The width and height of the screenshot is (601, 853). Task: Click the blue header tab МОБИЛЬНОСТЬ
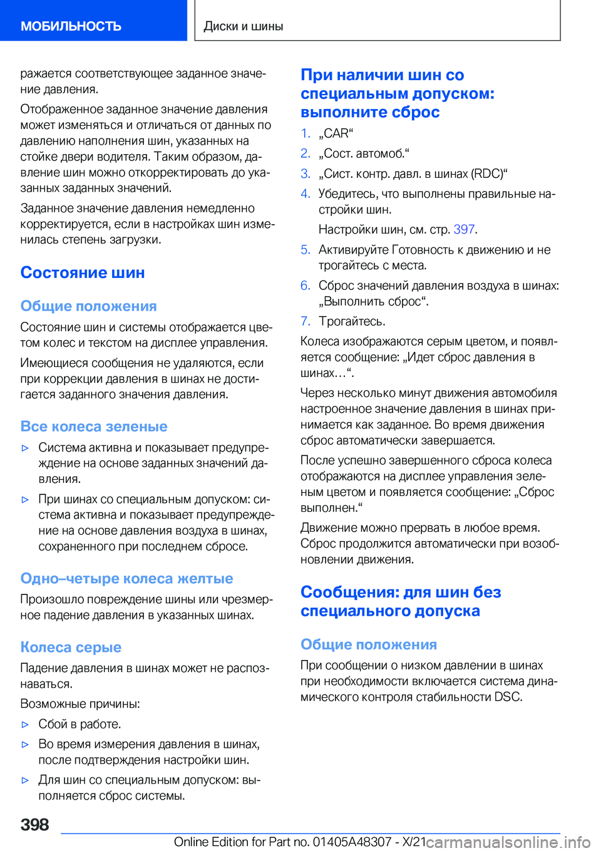[71, 26]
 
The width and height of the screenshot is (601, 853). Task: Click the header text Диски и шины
[244, 26]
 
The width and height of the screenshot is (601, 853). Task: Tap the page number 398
[34, 824]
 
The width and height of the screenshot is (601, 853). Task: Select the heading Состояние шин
[83, 272]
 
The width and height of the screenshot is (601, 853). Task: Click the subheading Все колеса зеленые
[94, 426]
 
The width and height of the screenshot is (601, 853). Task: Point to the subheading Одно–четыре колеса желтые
[126, 578]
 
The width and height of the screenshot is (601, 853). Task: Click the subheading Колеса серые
[71, 647]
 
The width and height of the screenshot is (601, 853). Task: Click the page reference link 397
[464, 229]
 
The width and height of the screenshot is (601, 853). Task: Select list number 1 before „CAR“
[305, 133]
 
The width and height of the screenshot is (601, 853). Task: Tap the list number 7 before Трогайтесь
[305, 321]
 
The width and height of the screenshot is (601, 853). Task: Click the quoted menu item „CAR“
[336, 133]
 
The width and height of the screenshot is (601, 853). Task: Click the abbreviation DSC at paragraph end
[508, 696]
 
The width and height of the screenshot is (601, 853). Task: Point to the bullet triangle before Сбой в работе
[26, 725]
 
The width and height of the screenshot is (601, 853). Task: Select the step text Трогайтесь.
[352, 321]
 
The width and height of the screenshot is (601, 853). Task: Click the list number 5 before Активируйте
[305, 250]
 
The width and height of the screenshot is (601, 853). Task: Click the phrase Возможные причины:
[80, 704]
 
